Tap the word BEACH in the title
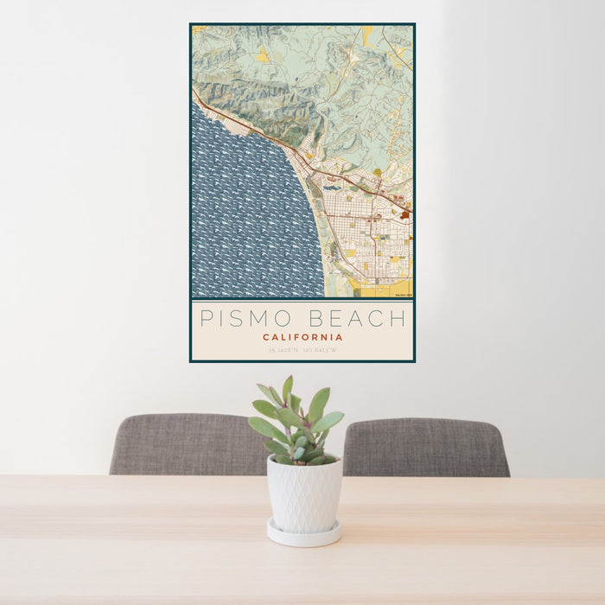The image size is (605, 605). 358,318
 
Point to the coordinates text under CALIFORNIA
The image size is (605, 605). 302,350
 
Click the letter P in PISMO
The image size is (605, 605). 207,318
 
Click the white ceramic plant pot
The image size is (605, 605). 303,494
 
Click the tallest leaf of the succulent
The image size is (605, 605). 288,390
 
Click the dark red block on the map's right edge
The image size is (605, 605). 404,214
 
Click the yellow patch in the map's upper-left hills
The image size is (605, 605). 262,55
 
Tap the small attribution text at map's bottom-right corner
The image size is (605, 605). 403,295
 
